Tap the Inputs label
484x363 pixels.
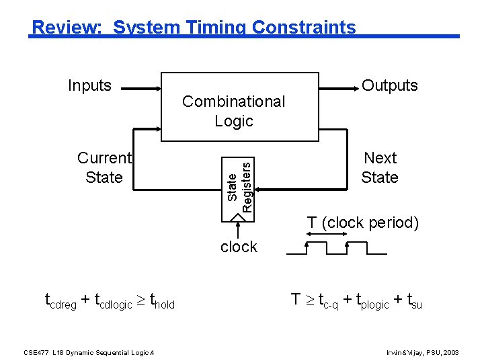(89, 85)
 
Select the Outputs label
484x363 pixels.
(389, 85)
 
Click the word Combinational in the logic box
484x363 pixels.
(233, 102)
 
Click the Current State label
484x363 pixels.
(104, 167)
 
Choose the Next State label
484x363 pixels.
(380, 167)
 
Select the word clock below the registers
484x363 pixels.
(239, 247)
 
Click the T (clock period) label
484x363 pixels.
(362, 223)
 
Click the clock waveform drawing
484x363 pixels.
(336, 248)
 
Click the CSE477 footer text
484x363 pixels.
(89, 352)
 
